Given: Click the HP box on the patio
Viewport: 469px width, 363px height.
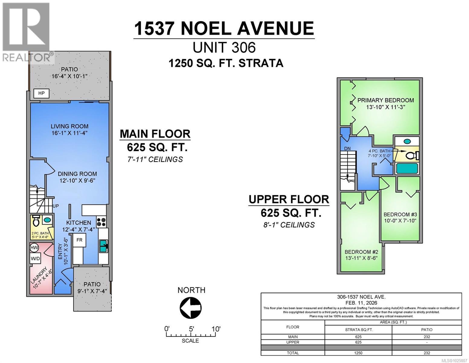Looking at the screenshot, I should (41, 93).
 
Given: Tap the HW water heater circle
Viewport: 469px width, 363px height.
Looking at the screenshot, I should (34, 248).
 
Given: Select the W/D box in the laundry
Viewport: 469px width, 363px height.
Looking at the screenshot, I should (35, 259).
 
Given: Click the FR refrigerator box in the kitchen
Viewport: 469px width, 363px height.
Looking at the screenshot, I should (79, 240).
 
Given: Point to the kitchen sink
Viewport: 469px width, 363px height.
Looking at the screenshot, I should (103, 246).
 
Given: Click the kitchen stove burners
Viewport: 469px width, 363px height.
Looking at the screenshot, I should (101, 222).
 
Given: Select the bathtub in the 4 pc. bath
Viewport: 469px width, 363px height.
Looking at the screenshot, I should (407, 168).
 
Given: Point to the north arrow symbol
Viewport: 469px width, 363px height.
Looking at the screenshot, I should (191, 308).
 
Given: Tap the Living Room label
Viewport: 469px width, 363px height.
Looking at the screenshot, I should (69, 126).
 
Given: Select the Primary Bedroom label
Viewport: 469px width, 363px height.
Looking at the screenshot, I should (386, 100).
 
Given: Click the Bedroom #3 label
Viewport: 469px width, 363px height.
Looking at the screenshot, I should (400, 214).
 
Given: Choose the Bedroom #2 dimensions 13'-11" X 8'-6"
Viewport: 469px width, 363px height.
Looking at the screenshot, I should (361, 258).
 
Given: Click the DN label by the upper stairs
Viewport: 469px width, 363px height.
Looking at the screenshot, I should (347, 149).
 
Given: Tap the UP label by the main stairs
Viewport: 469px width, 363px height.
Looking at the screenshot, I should (56, 206).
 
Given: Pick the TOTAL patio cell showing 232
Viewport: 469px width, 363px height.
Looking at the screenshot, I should (426, 353).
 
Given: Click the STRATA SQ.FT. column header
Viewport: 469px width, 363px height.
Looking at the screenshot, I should (359, 330).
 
